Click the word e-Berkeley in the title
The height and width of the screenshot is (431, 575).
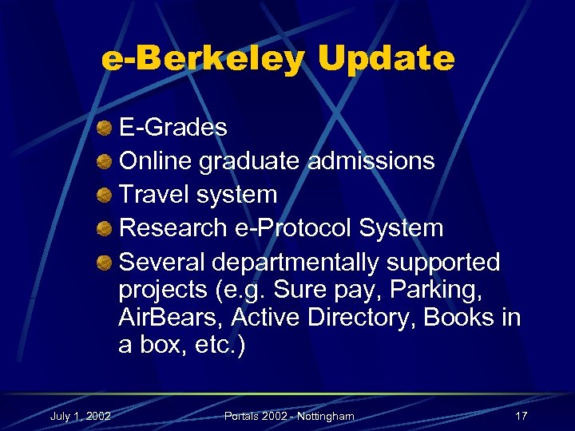204,58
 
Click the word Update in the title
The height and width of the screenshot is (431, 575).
386,58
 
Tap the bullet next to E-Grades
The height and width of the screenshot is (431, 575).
104,128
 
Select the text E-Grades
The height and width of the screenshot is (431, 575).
172,128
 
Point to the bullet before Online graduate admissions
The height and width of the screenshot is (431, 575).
104,161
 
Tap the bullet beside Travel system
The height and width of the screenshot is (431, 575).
104,195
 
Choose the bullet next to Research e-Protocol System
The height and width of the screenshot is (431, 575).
104,228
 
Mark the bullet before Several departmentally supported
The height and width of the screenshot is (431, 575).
104,263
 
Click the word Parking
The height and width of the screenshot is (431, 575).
453,290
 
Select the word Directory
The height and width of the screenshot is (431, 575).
361,318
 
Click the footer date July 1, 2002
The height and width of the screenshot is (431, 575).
80,416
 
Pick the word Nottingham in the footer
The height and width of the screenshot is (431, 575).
320,416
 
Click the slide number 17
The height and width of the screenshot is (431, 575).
521,416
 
